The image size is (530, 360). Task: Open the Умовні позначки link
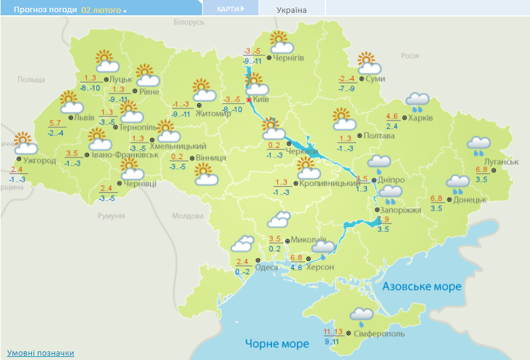pyautogui.click(x=40, y=353)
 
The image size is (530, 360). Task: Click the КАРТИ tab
pyautogui.click(x=229, y=9)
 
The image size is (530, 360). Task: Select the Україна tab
pyautogui.click(x=292, y=10)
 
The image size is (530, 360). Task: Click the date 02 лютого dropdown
pyautogui.click(x=104, y=10)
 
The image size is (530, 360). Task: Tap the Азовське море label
pyautogui.click(x=422, y=287)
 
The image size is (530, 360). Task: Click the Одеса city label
pyautogui.click(x=267, y=267)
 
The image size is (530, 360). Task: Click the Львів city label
pyautogui.click(x=83, y=118)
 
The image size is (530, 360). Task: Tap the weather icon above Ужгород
pyautogui.click(x=25, y=143)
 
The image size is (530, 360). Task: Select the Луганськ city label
pyautogui.click(x=488, y=161)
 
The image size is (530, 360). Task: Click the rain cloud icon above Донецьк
pyautogui.click(x=458, y=184)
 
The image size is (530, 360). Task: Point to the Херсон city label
pyautogui.click(x=320, y=268)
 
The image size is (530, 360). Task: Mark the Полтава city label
pyautogui.click(x=379, y=135)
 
